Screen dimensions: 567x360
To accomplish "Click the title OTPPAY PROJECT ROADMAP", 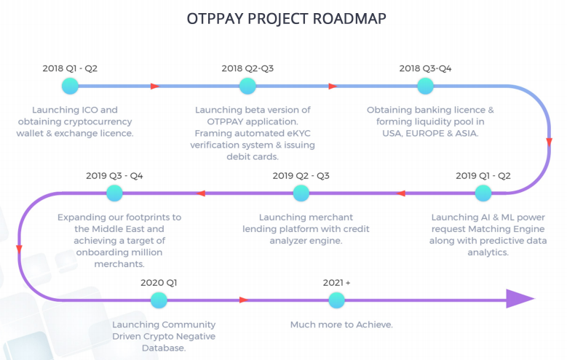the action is [x=286, y=18].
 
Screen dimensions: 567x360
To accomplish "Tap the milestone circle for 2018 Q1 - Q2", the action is [x=70, y=86].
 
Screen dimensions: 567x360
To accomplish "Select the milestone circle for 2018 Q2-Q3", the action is [x=247, y=86].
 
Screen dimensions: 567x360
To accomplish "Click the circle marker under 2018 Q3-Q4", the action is [x=425, y=86].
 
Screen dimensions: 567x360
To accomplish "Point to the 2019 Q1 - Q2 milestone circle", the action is [x=483, y=193].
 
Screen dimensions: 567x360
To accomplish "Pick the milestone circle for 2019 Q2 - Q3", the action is [x=301, y=193].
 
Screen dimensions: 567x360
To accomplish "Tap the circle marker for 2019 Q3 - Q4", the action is [x=114, y=193].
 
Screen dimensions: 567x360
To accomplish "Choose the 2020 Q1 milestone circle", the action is [x=159, y=300].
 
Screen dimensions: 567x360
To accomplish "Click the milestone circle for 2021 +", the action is [x=337, y=300].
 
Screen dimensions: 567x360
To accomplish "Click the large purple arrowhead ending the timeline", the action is [x=519, y=299].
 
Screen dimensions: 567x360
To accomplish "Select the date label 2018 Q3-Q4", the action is [x=425, y=68].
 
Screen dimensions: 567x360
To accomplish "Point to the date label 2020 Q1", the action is [x=159, y=282].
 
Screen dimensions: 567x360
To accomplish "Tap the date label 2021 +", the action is [x=337, y=282].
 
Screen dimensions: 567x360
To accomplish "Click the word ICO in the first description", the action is [x=90, y=110].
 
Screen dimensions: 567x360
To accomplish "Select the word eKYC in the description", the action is [x=298, y=133].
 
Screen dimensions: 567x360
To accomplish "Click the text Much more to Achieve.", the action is [x=341, y=324].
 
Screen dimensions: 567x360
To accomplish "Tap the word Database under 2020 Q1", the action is [x=164, y=348].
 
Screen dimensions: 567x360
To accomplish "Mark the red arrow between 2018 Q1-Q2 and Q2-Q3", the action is [x=155, y=86].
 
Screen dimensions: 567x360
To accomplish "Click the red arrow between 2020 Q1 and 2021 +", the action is [x=244, y=300].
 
